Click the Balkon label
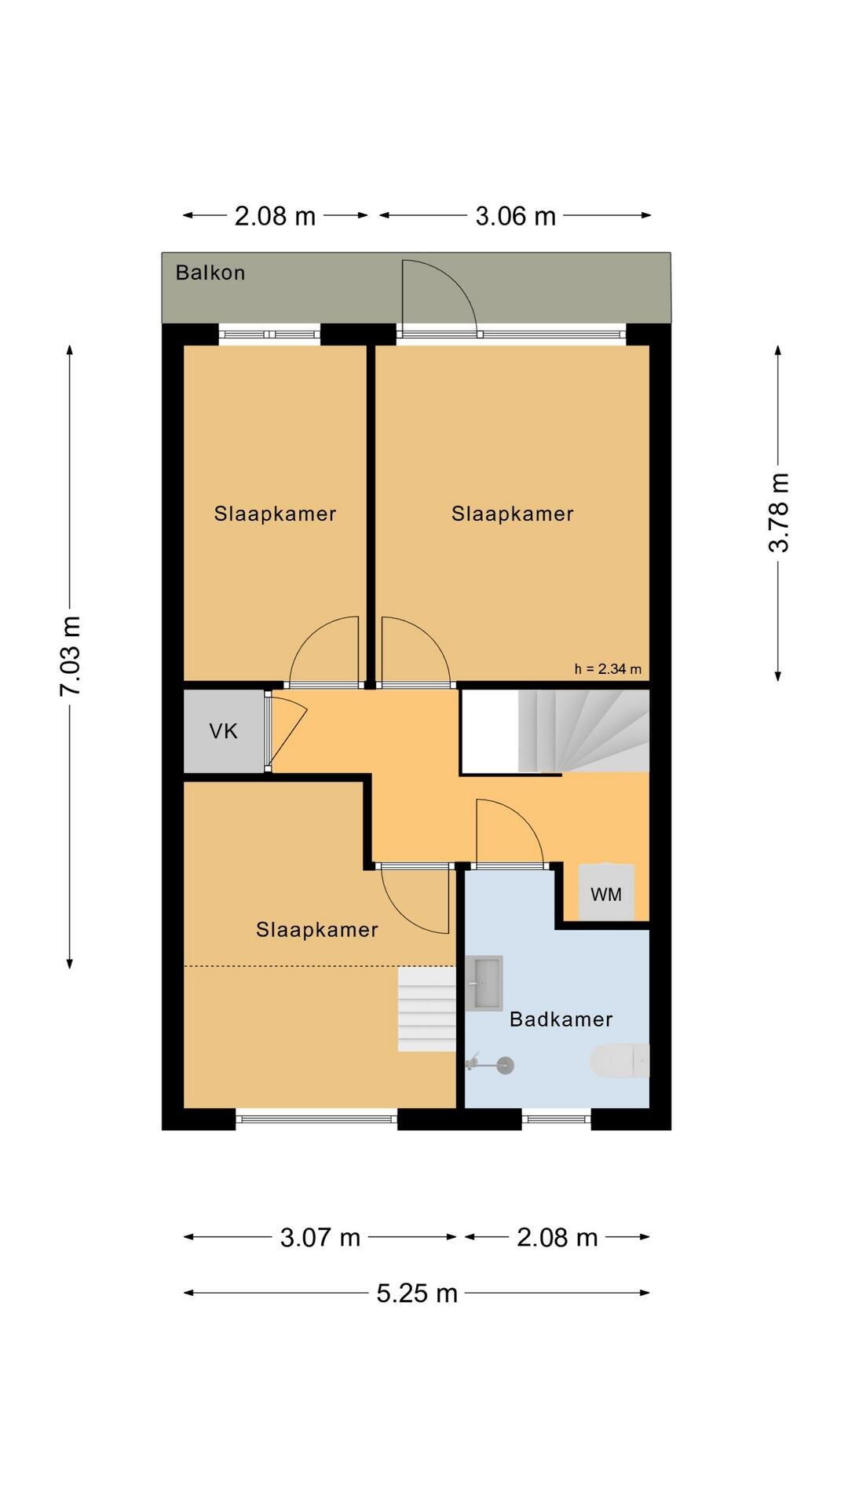point(210,273)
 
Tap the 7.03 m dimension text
point(71,656)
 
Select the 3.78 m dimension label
point(778,513)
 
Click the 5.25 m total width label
point(416,1293)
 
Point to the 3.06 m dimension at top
point(515,216)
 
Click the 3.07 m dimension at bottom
point(320,1238)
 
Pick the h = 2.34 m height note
point(608,669)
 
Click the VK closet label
point(223,731)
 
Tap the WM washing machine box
point(606,893)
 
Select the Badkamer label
point(561,1019)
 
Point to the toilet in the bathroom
point(620,1061)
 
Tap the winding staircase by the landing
point(583,731)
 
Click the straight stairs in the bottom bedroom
point(426,1009)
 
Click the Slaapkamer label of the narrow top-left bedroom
point(275,514)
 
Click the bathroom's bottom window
point(557,1118)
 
